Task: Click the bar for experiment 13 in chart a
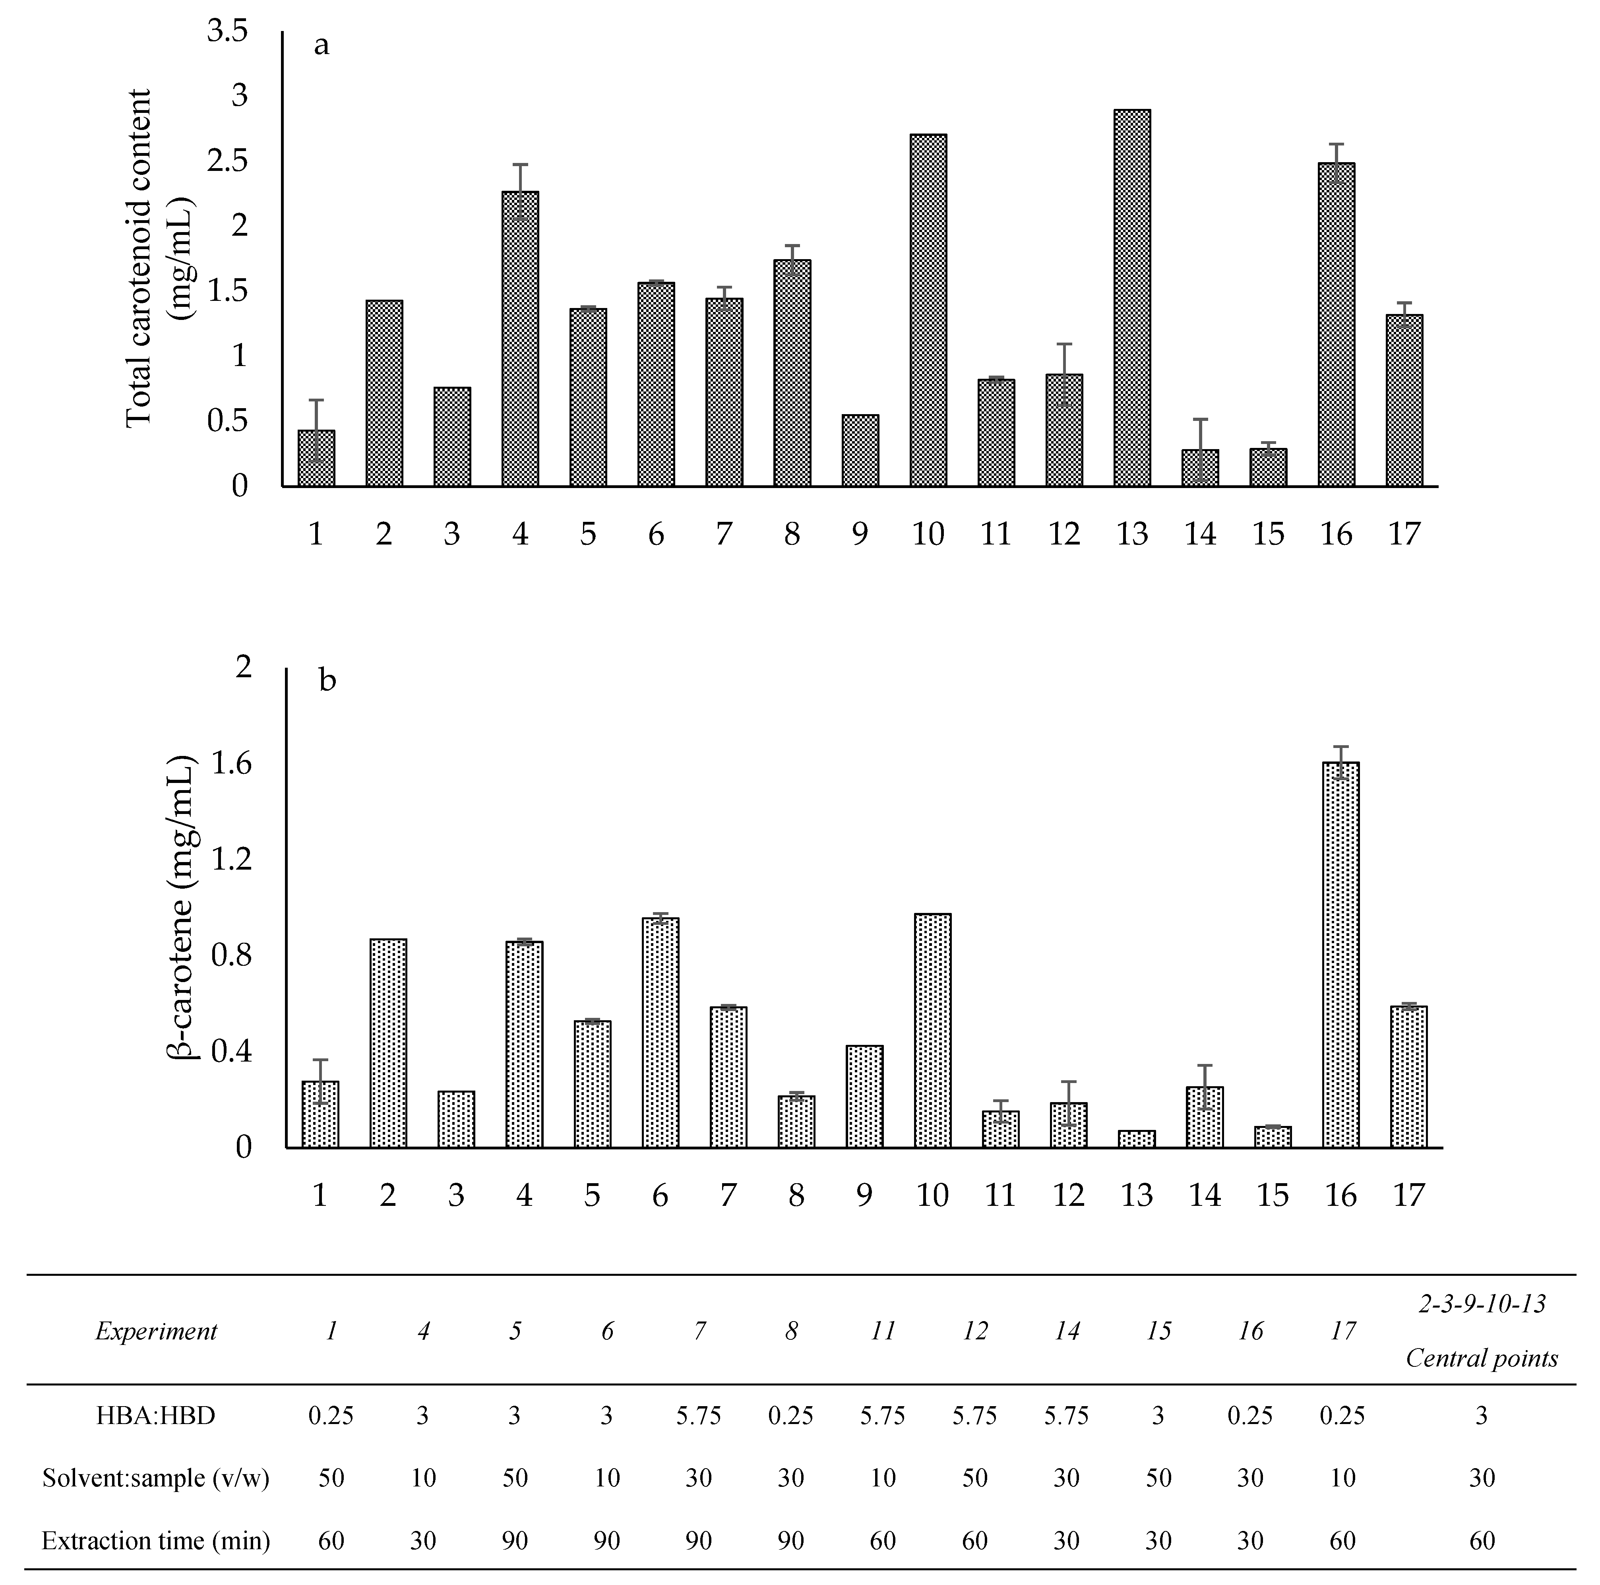coord(1132,298)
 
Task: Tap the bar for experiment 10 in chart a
coord(928,310)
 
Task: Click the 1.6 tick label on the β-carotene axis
coord(232,763)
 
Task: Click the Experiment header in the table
coord(156,1331)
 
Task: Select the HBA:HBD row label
coord(156,1415)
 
